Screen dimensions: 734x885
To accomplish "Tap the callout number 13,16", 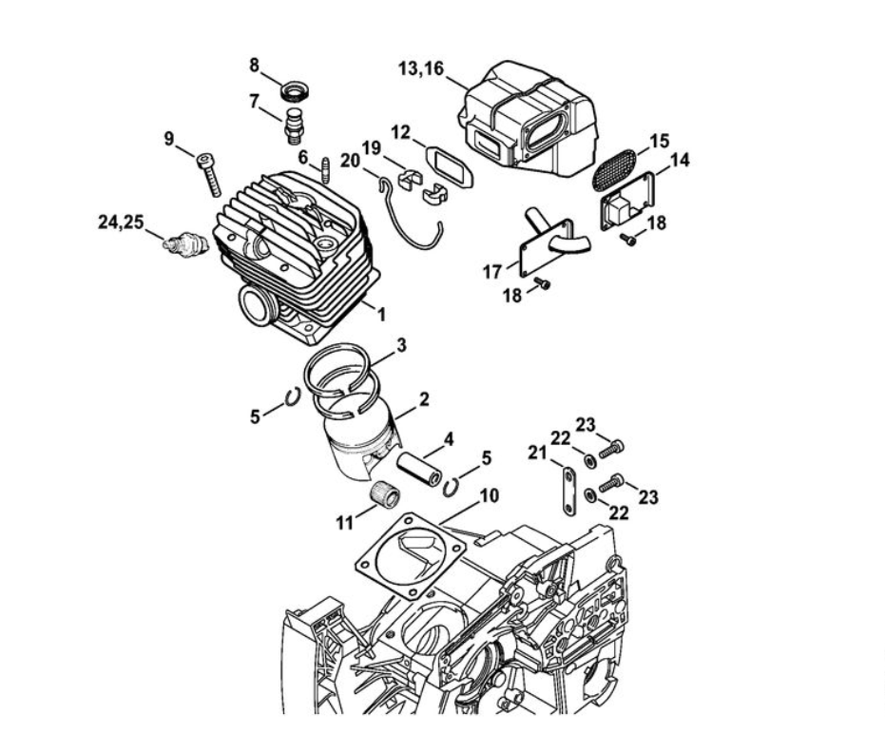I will (424, 68).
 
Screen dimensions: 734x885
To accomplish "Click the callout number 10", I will (489, 494).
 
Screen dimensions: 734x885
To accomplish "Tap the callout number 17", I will (492, 272).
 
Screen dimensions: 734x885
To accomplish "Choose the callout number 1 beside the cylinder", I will (381, 313).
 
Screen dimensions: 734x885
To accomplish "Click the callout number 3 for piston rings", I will (402, 345).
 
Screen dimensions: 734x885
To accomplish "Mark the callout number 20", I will (351, 161).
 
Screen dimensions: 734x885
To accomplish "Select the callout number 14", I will (680, 162).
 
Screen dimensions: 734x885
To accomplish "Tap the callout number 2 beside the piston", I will (424, 398).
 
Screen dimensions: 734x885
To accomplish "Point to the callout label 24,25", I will (121, 222).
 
